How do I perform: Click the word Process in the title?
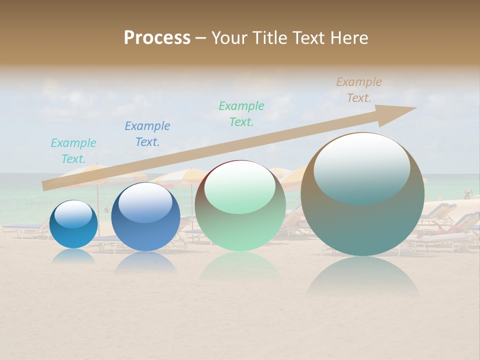pyautogui.click(x=157, y=38)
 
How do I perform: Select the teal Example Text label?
pyautogui.click(x=73, y=151)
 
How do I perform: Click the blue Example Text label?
pyautogui.click(x=147, y=134)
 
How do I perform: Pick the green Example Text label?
pyautogui.click(x=241, y=114)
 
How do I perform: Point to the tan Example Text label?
pyautogui.click(x=359, y=90)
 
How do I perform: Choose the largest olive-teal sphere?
pyautogui.click(x=362, y=220)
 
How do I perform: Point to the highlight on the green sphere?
pyautogui.click(x=240, y=186)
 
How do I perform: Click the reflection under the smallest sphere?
pyautogui.click(x=73, y=256)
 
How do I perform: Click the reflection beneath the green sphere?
pyautogui.click(x=240, y=267)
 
